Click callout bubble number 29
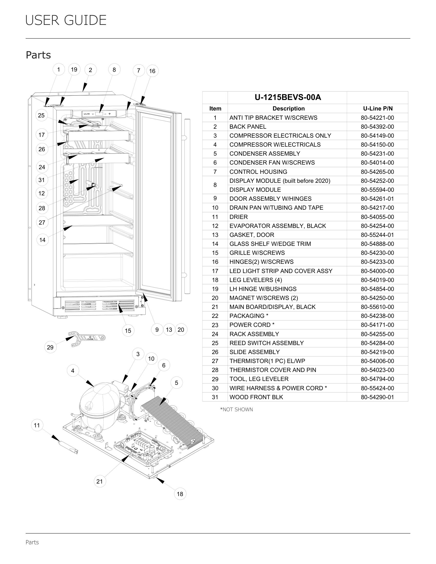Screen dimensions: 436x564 pos(50,347)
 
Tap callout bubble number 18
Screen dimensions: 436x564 pos(180,494)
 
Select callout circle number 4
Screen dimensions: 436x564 pos(73,371)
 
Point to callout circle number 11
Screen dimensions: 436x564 pos(37,425)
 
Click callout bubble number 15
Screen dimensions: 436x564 pos(128,330)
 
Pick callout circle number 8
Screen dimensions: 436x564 pos(114,70)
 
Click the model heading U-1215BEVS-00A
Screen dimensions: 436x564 pos(288,97)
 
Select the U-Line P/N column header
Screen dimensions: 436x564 pos(378,108)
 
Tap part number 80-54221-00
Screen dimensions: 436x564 pos(377,118)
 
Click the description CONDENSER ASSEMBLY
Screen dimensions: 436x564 pos(265,154)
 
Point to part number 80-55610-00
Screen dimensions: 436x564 pos(377,307)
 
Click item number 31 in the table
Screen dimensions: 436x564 pos(215,397)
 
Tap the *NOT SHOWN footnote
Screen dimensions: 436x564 pos(236,410)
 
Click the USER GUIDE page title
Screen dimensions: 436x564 pos(66,20)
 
